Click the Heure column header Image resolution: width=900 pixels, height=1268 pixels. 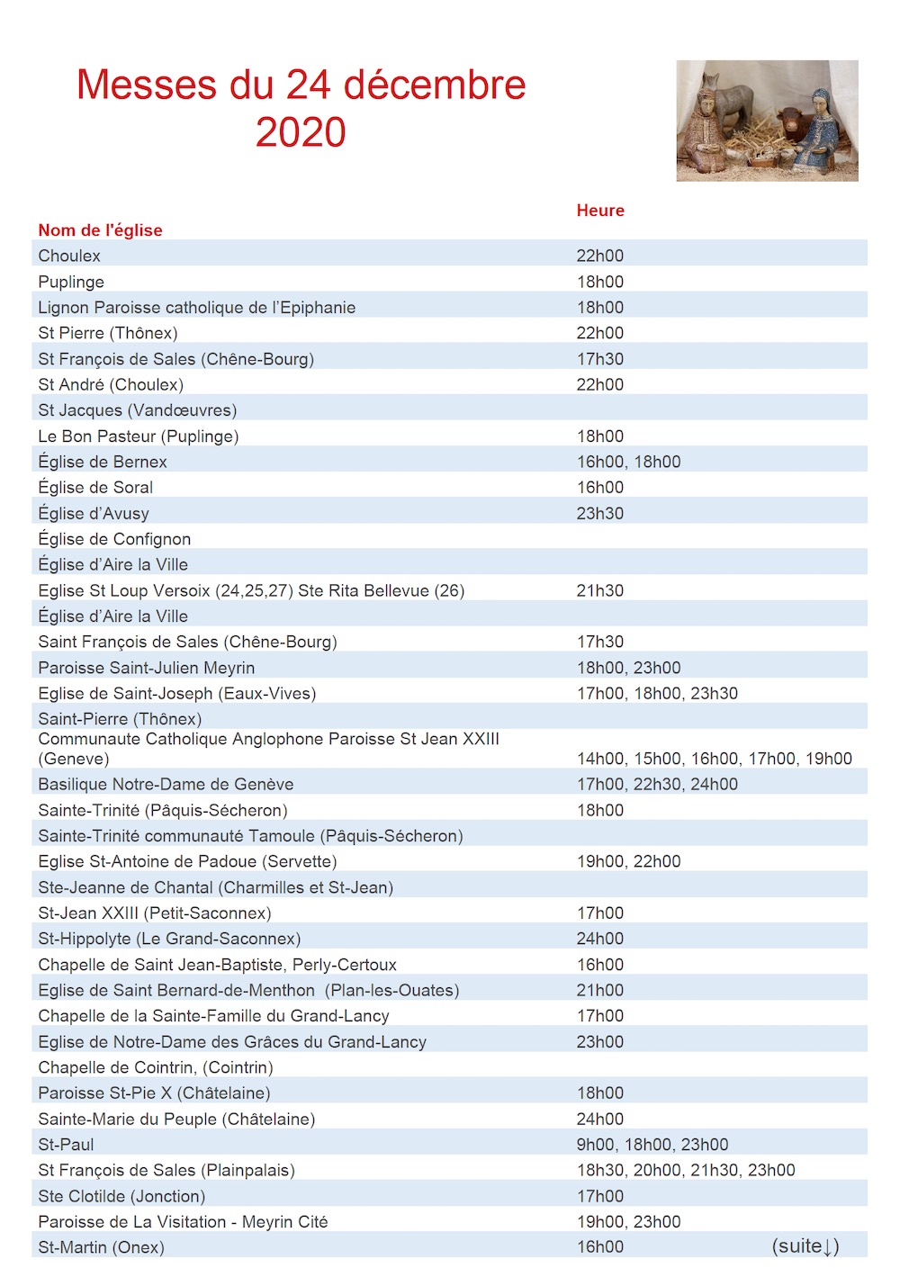[x=600, y=211]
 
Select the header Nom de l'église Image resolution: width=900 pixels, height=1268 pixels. [x=100, y=230]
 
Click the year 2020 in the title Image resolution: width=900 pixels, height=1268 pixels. [x=301, y=132]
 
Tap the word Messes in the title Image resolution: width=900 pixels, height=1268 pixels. [x=147, y=85]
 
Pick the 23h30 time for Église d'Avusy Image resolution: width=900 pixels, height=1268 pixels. [x=600, y=514]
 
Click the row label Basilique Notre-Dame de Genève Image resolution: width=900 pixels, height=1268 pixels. [x=166, y=785]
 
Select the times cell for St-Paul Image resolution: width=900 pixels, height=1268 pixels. [x=652, y=1145]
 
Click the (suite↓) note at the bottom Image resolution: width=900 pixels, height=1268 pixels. [x=805, y=1246]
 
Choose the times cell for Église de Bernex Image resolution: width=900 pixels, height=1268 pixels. [x=628, y=463]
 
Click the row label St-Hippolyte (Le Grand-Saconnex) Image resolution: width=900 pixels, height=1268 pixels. [x=169, y=939]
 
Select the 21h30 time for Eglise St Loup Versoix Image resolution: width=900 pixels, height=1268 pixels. [x=600, y=591]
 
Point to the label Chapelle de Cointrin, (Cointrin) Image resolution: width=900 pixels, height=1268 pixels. [x=155, y=1067]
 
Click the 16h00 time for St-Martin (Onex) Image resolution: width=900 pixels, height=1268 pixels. [x=600, y=1247]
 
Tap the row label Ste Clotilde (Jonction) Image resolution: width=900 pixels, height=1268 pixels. [x=121, y=1196]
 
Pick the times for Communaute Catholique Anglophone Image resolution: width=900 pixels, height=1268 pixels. [x=714, y=759]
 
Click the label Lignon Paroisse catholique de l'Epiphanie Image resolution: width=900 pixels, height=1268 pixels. [x=196, y=308]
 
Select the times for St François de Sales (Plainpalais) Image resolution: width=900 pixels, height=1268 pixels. [x=686, y=1171]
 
